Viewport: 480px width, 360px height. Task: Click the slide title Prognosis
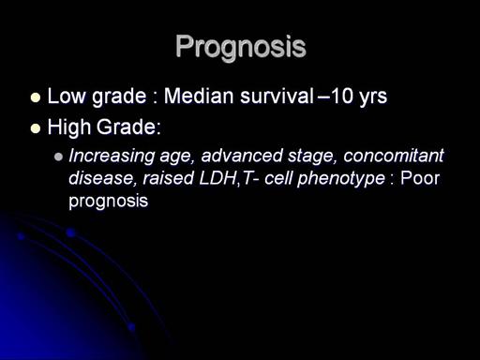pos(241,47)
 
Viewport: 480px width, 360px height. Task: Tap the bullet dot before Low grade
pos(36,97)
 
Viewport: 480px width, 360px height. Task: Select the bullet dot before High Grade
pos(36,128)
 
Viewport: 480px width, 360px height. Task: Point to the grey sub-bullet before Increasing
pos(58,157)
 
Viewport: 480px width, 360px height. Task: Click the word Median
pos(199,96)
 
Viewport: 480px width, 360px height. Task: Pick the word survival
pos(277,96)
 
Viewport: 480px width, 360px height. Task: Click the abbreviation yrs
pos(373,97)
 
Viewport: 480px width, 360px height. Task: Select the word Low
pos(67,96)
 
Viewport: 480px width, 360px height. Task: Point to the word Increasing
pos(112,156)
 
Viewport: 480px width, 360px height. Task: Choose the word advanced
pos(242,156)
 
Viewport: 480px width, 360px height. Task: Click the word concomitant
pos(394,156)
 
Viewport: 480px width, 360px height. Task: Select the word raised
pos(169,178)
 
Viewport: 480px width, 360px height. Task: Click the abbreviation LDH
pos(218,178)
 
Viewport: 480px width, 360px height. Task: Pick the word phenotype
pos(341,179)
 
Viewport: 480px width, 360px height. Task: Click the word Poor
pos(420,178)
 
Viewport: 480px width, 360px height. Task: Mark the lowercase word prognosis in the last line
pos(108,201)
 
